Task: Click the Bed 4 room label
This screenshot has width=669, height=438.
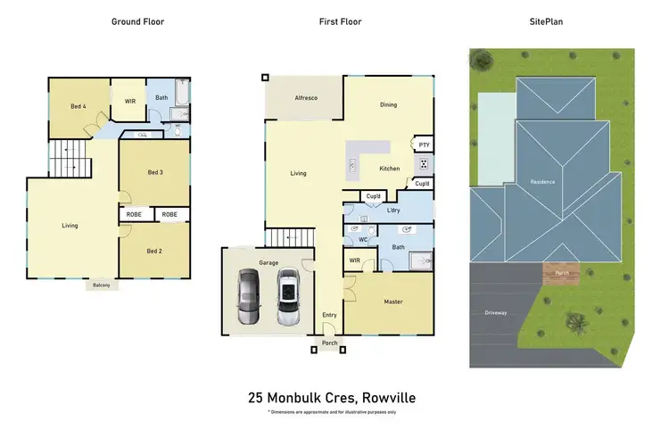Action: tap(78, 107)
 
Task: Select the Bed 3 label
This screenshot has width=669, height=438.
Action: tap(154, 172)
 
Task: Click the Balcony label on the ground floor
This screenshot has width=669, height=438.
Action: tap(100, 285)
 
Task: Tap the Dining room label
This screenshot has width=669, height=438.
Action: tap(388, 105)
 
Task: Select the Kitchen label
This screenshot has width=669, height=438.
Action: tap(390, 169)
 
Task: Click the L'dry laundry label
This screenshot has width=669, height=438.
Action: tap(392, 211)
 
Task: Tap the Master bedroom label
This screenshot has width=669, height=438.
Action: tap(393, 302)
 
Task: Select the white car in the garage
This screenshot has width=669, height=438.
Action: tap(287, 299)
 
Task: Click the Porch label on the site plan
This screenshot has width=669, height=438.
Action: tap(562, 273)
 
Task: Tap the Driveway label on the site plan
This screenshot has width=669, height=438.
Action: tap(496, 312)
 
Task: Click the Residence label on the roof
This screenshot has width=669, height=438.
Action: tap(543, 182)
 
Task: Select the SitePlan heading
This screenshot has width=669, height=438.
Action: tap(547, 21)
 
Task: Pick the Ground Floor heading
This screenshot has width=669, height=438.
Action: tap(137, 21)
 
